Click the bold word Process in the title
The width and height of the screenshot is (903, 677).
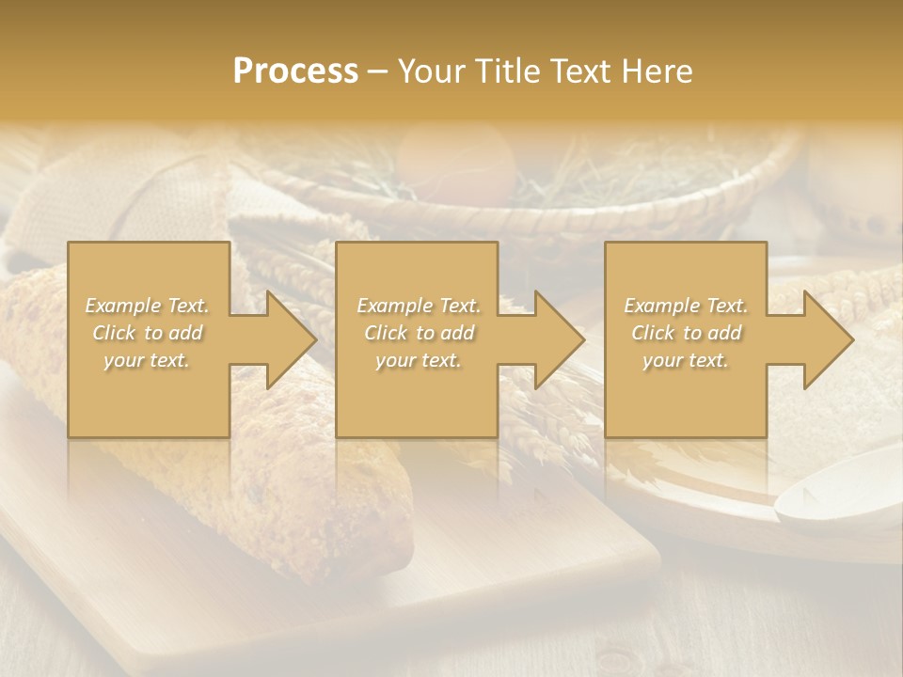[295, 71]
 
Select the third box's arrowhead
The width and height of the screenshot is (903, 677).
[822, 339]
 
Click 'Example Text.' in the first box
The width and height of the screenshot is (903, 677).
[147, 306]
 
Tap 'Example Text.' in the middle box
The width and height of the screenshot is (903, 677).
[419, 306]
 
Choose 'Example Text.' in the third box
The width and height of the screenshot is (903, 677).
[686, 306]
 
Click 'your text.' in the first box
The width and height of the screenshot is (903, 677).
[147, 360]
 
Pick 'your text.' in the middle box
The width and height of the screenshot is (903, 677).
[419, 360]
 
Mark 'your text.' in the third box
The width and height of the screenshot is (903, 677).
[686, 360]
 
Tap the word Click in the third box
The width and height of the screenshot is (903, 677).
[654, 333]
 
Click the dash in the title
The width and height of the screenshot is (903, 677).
[377, 71]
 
